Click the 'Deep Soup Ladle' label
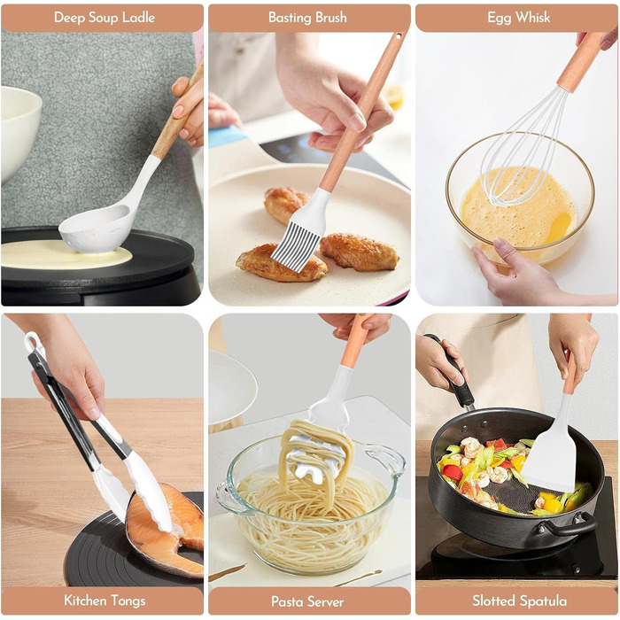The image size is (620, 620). pos(105,18)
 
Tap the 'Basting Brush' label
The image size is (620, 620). pos(307,18)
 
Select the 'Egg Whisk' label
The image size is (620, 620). pos(518,18)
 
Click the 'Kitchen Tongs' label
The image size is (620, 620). pos(105,601)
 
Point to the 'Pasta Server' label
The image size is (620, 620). pos(307,601)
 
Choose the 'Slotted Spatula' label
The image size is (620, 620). pos(519,601)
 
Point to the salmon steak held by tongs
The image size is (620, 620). pos(167,530)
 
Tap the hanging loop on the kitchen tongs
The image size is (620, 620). pos(33,341)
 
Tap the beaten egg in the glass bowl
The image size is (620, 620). pos(518,207)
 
